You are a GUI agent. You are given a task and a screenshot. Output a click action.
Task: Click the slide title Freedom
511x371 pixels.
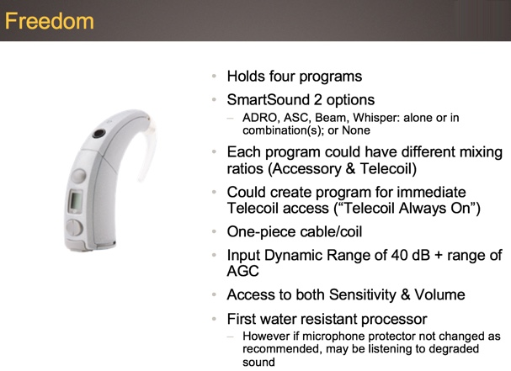(x=50, y=21)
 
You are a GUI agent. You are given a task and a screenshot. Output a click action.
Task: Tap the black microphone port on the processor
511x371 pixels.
(x=98, y=133)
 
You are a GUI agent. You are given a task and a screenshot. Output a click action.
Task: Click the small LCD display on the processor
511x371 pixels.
(x=75, y=201)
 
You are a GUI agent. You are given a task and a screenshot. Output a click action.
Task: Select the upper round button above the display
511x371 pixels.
(x=78, y=176)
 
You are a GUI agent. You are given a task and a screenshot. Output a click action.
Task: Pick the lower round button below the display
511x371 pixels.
(x=74, y=227)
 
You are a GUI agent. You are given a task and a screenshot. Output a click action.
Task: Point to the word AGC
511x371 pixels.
(x=243, y=271)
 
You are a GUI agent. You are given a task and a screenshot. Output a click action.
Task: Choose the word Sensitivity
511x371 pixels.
(x=363, y=294)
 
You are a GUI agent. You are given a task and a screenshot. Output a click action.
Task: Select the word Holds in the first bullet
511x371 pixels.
(x=246, y=77)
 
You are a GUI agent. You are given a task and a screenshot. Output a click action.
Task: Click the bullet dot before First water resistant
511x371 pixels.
(x=214, y=319)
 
